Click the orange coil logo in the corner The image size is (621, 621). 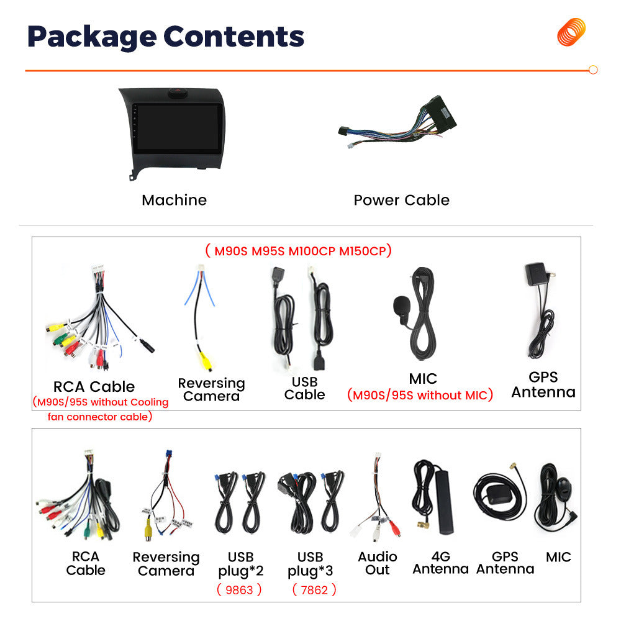tap(571, 32)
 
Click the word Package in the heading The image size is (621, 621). tap(92, 37)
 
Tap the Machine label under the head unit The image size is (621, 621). tap(175, 200)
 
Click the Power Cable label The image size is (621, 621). tap(402, 200)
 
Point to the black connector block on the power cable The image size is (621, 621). tap(440, 113)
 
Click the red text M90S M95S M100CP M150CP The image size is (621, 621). tap(299, 251)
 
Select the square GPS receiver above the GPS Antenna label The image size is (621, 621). tap(535, 273)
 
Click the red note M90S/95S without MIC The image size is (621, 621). tap(420, 395)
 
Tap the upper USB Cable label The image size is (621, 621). tap(304, 388)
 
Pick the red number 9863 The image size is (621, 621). tap(239, 590)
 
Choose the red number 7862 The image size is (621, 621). tap(314, 590)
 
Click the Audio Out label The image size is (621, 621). tap(378, 563)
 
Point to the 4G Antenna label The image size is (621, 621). tap(441, 563)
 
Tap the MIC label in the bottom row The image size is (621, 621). tap(558, 557)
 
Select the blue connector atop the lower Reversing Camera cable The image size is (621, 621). tap(169, 455)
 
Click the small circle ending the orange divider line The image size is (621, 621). tap(593, 70)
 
